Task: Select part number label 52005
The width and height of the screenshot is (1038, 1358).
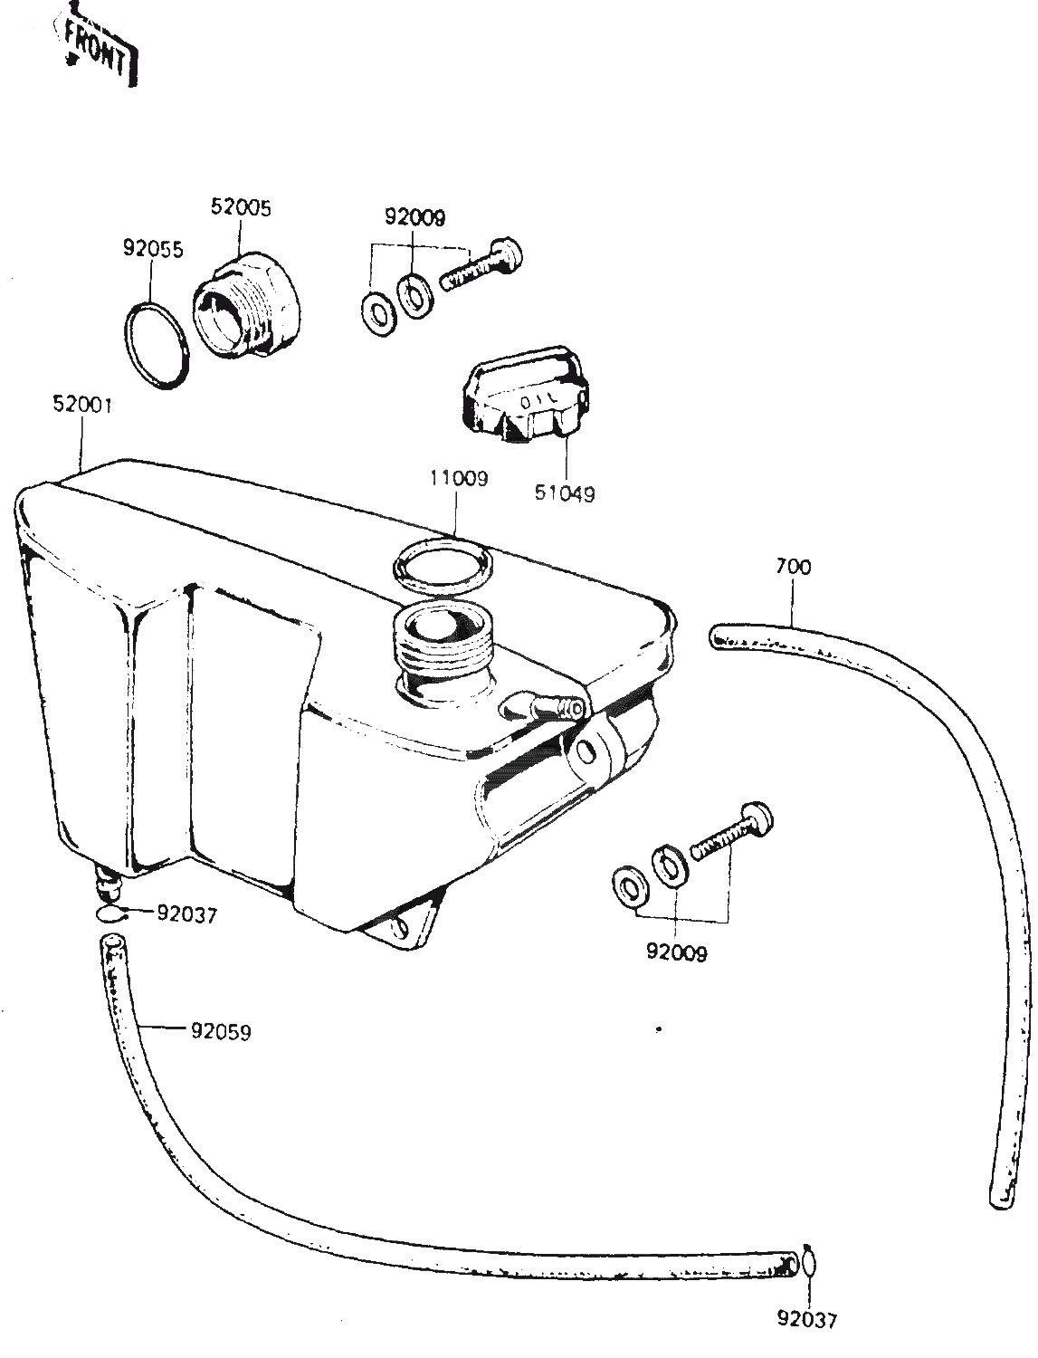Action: click(x=241, y=206)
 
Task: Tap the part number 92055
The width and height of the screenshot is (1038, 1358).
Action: click(x=153, y=248)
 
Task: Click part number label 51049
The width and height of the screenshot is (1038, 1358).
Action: click(x=565, y=494)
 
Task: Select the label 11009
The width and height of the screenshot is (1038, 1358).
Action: click(x=458, y=478)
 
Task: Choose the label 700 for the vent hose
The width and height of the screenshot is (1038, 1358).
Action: click(x=793, y=567)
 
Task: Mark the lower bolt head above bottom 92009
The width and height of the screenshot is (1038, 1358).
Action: click(x=757, y=818)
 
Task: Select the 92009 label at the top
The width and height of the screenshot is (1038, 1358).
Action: click(x=415, y=217)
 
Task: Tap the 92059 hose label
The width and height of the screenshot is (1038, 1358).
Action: click(x=221, y=1030)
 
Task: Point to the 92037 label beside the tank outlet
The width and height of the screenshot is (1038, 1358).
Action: click(x=186, y=914)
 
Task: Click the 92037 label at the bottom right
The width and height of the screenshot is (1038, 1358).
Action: click(x=807, y=1319)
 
